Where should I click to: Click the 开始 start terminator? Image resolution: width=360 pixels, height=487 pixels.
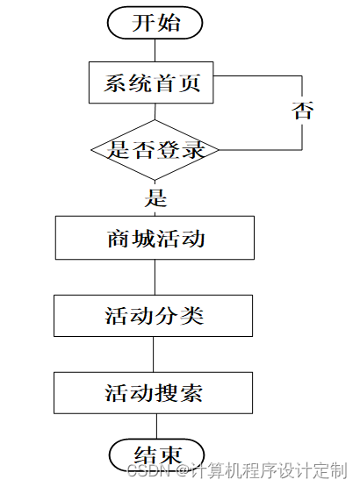tap(155, 23)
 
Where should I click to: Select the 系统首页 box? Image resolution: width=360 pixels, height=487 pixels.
tap(151, 82)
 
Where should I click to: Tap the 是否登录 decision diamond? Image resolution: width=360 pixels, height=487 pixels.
tap(155, 150)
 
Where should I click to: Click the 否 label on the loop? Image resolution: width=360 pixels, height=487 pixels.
tap(302, 111)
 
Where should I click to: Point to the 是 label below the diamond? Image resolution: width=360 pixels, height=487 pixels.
tap(155, 197)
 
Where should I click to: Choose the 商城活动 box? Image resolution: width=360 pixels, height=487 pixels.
tap(155, 238)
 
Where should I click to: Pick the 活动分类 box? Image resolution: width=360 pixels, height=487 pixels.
tap(153, 316)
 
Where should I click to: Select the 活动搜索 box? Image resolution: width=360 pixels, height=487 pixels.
tap(153, 393)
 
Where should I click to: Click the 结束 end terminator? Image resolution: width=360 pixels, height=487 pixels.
tap(157, 455)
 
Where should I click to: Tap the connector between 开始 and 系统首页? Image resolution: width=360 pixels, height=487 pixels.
tap(155, 50)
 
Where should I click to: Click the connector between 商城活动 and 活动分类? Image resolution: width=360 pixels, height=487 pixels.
tap(155, 277)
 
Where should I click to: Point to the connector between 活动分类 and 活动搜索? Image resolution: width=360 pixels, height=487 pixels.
tap(153, 355)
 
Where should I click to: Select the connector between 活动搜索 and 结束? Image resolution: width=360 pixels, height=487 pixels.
tap(156, 426)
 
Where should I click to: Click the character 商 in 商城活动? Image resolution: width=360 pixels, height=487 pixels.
tap(119, 239)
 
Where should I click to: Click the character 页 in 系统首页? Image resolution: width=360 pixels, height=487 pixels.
tap(190, 82)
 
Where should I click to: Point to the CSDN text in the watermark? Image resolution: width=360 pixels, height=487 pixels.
tap(148, 470)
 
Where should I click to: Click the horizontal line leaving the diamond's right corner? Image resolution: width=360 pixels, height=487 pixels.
tap(261, 150)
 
